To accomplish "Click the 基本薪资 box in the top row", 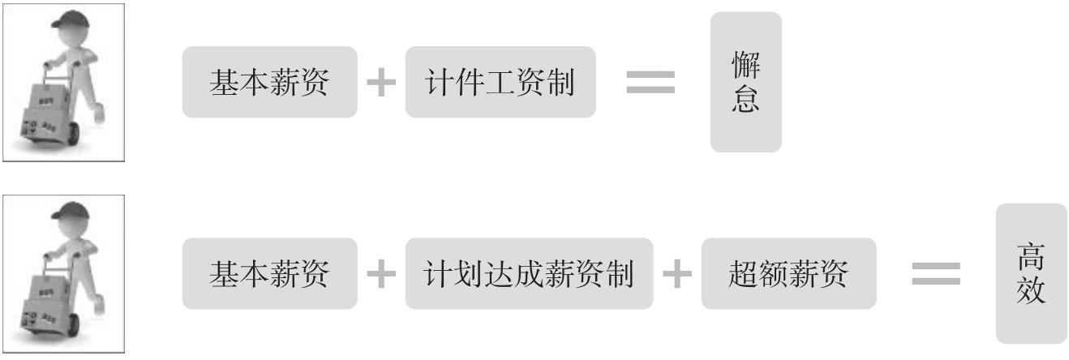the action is tap(269, 83).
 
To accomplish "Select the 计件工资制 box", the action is tap(500, 83).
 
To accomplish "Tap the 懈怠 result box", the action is tap(745, 82).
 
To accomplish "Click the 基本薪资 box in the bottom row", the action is tap(269, 273).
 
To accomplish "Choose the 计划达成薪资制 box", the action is tap(529, 273).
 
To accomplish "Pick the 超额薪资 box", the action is tap(788, 273).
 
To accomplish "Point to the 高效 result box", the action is tap(1031, 273).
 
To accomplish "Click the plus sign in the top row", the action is tap(381, 83).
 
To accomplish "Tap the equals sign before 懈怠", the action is tap(650, 82).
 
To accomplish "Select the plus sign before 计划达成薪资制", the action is tap(381, 274).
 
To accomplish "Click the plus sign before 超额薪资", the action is tap(677, 274).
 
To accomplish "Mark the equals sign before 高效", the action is tap(936, 273).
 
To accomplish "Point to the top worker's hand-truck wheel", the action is tap(68, 138).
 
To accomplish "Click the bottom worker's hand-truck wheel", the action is tap(68, 328).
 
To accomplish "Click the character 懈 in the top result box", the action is tap(745, 65).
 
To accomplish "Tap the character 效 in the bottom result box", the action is tap(1031, 290).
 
